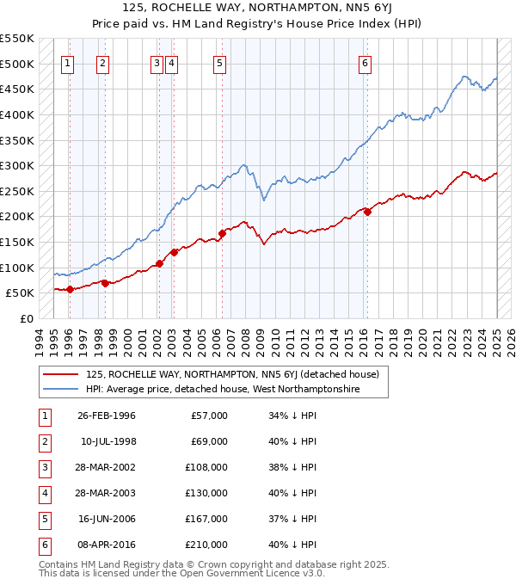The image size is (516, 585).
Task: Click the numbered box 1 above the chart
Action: [67, 63]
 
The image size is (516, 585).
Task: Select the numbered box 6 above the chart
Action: [365, 63]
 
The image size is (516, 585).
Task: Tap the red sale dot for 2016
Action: [367, 212]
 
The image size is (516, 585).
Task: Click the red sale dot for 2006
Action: [222, 233]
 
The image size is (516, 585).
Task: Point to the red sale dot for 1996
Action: [70, 289]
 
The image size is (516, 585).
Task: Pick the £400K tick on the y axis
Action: [19, 114]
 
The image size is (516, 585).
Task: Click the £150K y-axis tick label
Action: [19, 242]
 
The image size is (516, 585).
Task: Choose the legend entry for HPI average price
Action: [223, 389]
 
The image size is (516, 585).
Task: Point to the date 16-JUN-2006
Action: [107, 519]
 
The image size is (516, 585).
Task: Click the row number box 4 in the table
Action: [44, 493]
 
